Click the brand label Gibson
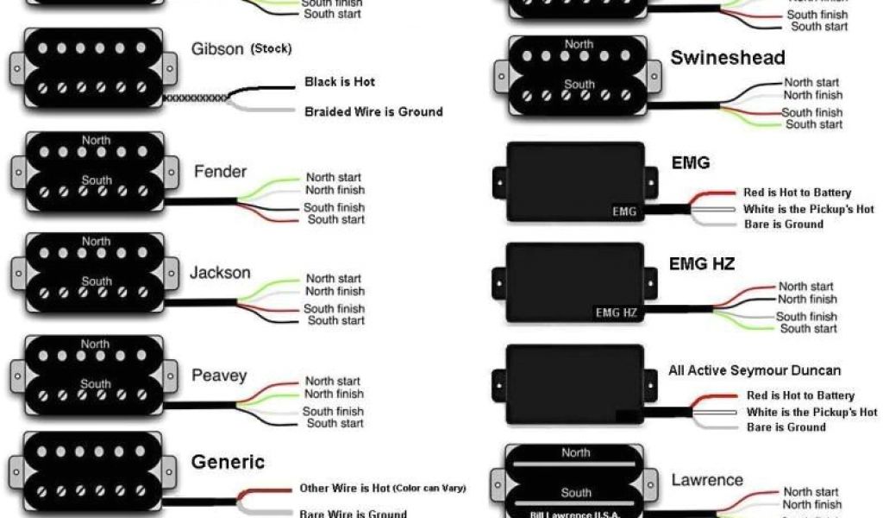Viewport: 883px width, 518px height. coord(217,49)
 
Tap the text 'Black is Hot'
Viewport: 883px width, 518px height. coord(340,82)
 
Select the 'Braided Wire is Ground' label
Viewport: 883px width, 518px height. coord(373,111)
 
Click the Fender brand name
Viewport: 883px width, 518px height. coord(220,170)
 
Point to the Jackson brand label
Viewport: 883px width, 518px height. coord(220,273)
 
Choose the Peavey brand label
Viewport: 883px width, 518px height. coord(219,376)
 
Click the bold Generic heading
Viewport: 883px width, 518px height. coord(229,461)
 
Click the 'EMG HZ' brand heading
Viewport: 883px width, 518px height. coord(702,263)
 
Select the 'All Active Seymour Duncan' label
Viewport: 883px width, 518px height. coord(755,370)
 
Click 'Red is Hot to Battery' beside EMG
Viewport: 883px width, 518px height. coord(797,193)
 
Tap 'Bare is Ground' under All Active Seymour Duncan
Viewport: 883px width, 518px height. coord(786,427)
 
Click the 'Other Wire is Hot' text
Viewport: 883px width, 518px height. coord(344,488)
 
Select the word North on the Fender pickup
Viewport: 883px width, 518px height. coord(96,140)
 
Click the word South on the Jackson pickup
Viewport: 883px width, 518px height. coord(96,281)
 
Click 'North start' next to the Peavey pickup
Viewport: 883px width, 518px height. coord(333,381)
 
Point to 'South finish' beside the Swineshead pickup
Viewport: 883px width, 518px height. coord(811,112)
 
